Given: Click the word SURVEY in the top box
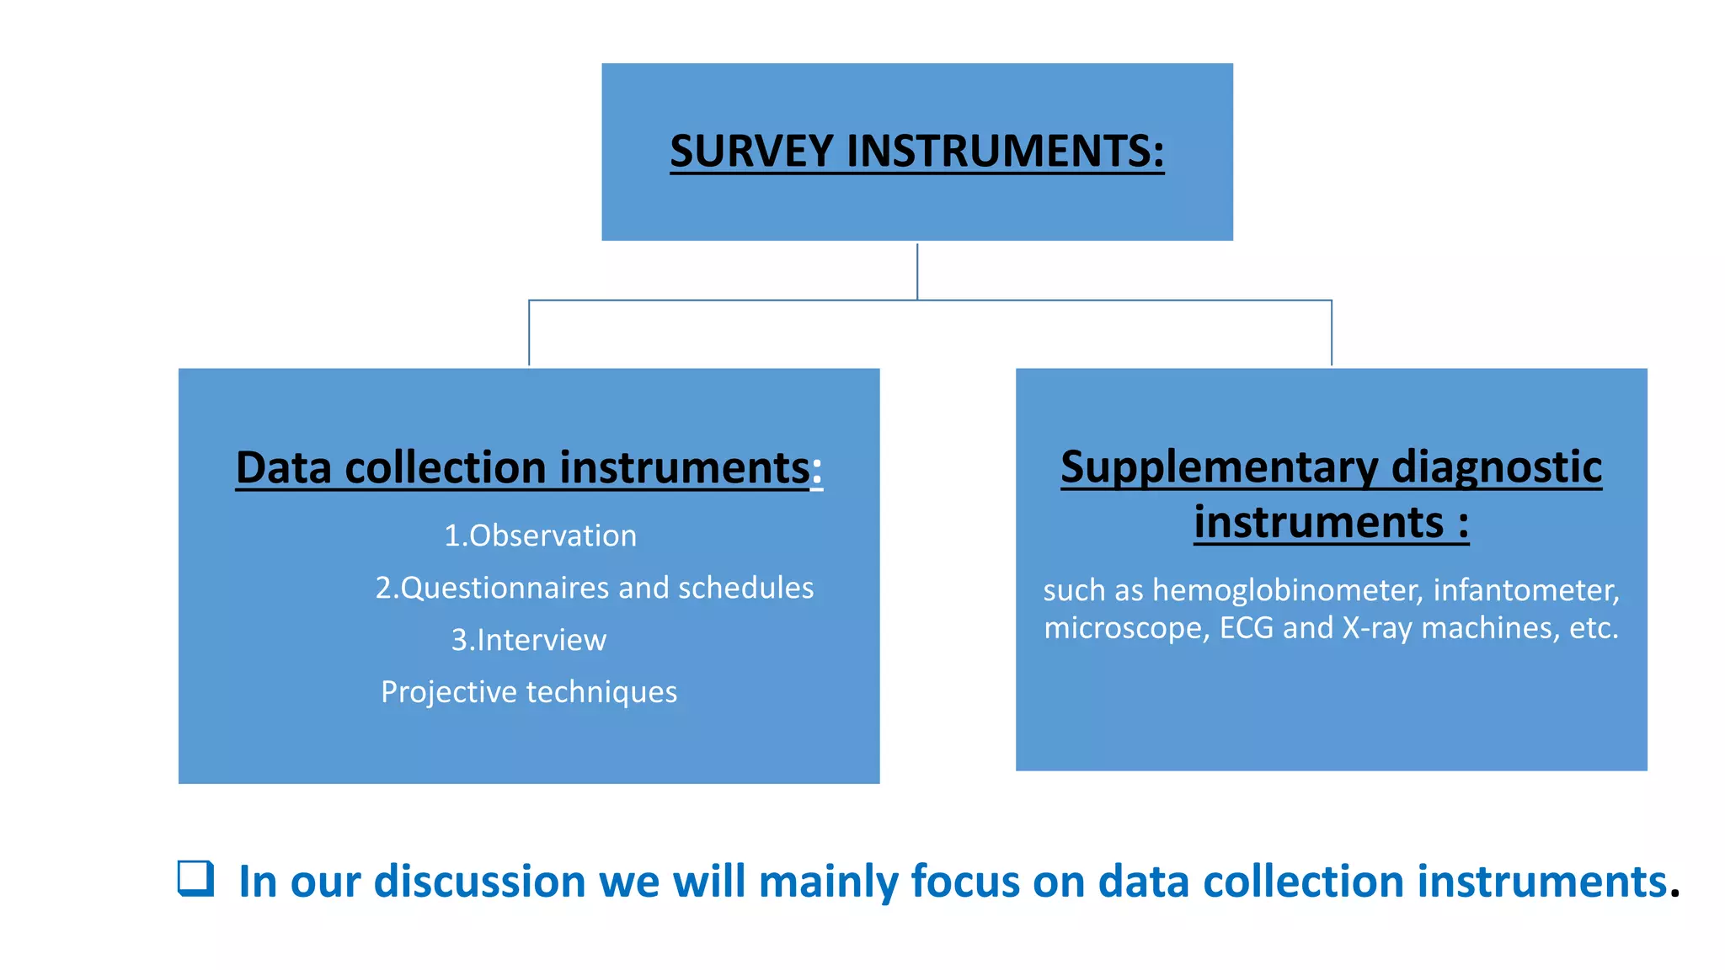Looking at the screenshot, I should point(750,152).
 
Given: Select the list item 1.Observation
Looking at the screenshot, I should point(540,536).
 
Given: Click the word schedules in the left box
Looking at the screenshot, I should point(745,588).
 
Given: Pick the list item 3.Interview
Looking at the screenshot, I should point(528,640).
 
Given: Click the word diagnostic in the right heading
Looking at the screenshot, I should point(1497,467).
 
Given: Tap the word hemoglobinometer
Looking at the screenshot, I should point(1287,590).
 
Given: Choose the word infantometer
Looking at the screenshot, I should point(1525,590).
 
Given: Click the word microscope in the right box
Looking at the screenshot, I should point(1126,628).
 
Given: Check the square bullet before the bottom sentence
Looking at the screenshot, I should point(195,878).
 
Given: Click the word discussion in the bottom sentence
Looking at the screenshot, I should point(479,882).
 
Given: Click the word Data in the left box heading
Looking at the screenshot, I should point(284,467).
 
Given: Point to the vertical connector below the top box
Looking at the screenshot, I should point(917,271).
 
